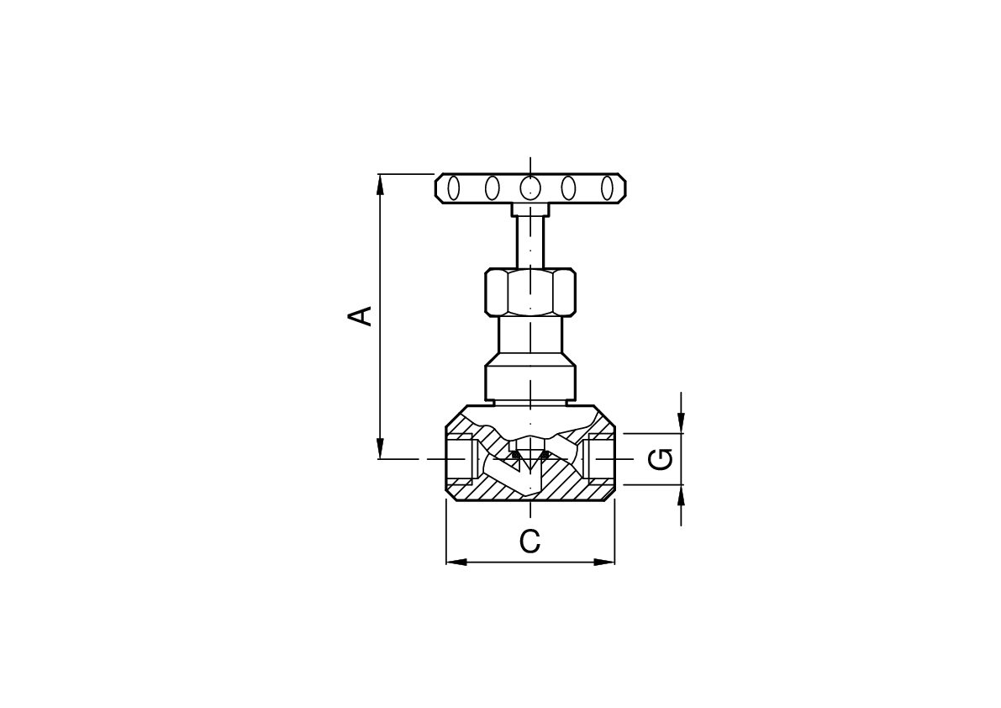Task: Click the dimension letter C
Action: click(529, 542)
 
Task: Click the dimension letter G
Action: click(661, 459)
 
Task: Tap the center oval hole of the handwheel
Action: click(530, 188)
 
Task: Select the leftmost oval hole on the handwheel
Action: click(454, 188)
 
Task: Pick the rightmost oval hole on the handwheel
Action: click(607, 188)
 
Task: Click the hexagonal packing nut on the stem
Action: click(530, 293)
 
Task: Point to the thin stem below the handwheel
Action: click(530, 243)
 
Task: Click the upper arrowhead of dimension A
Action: click(381, 184)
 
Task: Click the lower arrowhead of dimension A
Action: click(381, 448)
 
